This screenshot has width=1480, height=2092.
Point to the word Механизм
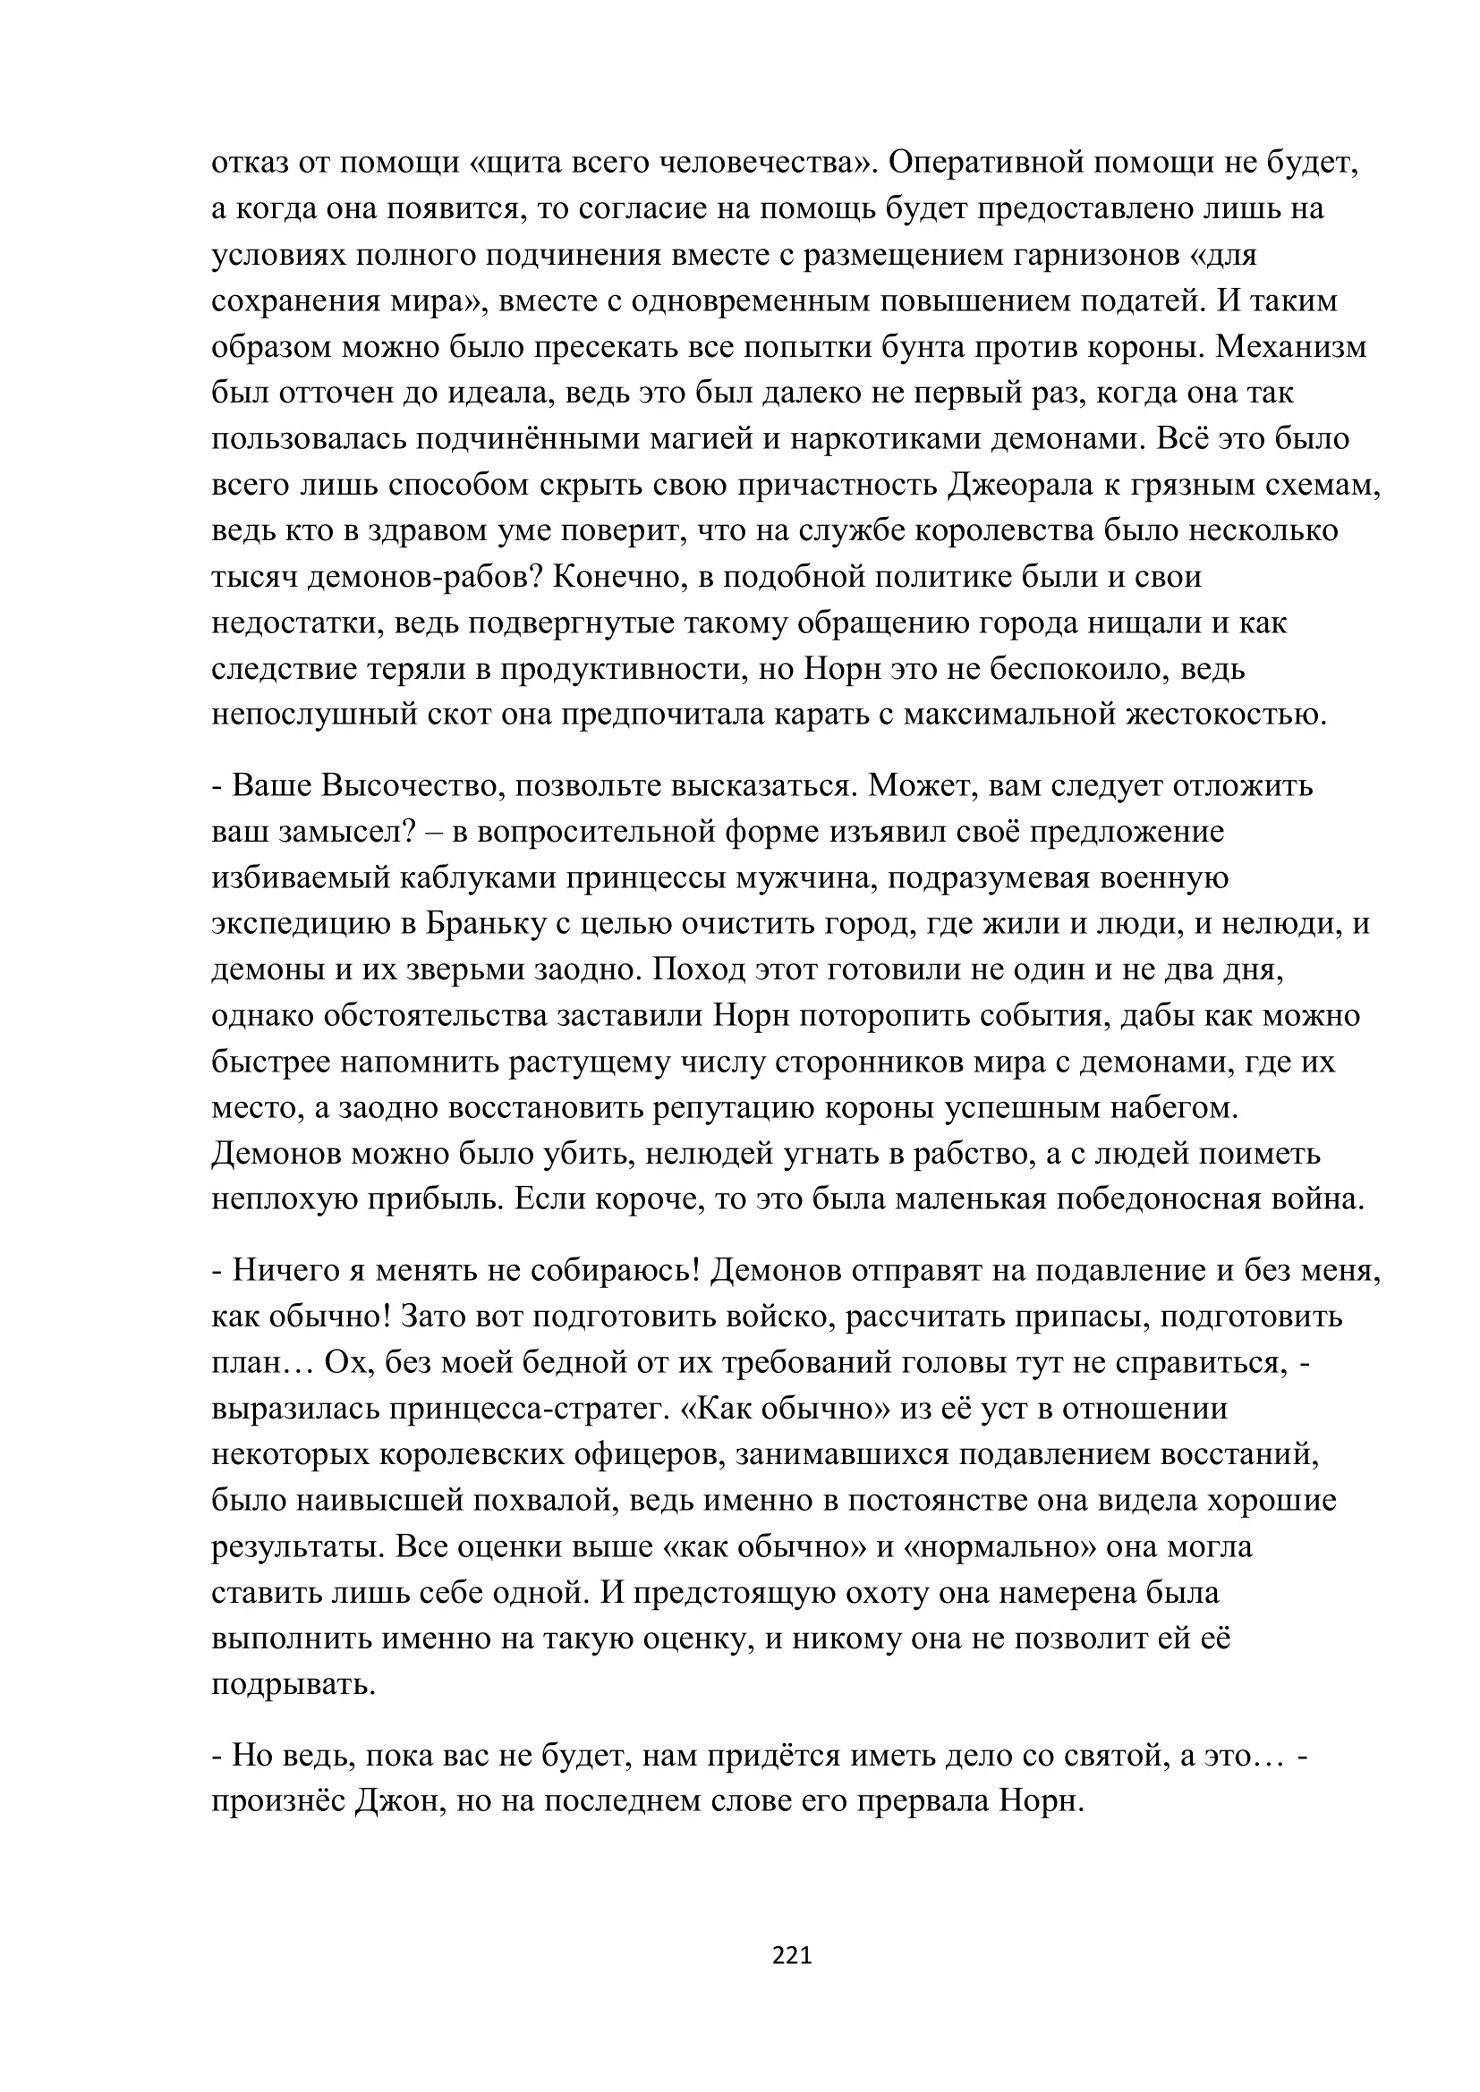1291,347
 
